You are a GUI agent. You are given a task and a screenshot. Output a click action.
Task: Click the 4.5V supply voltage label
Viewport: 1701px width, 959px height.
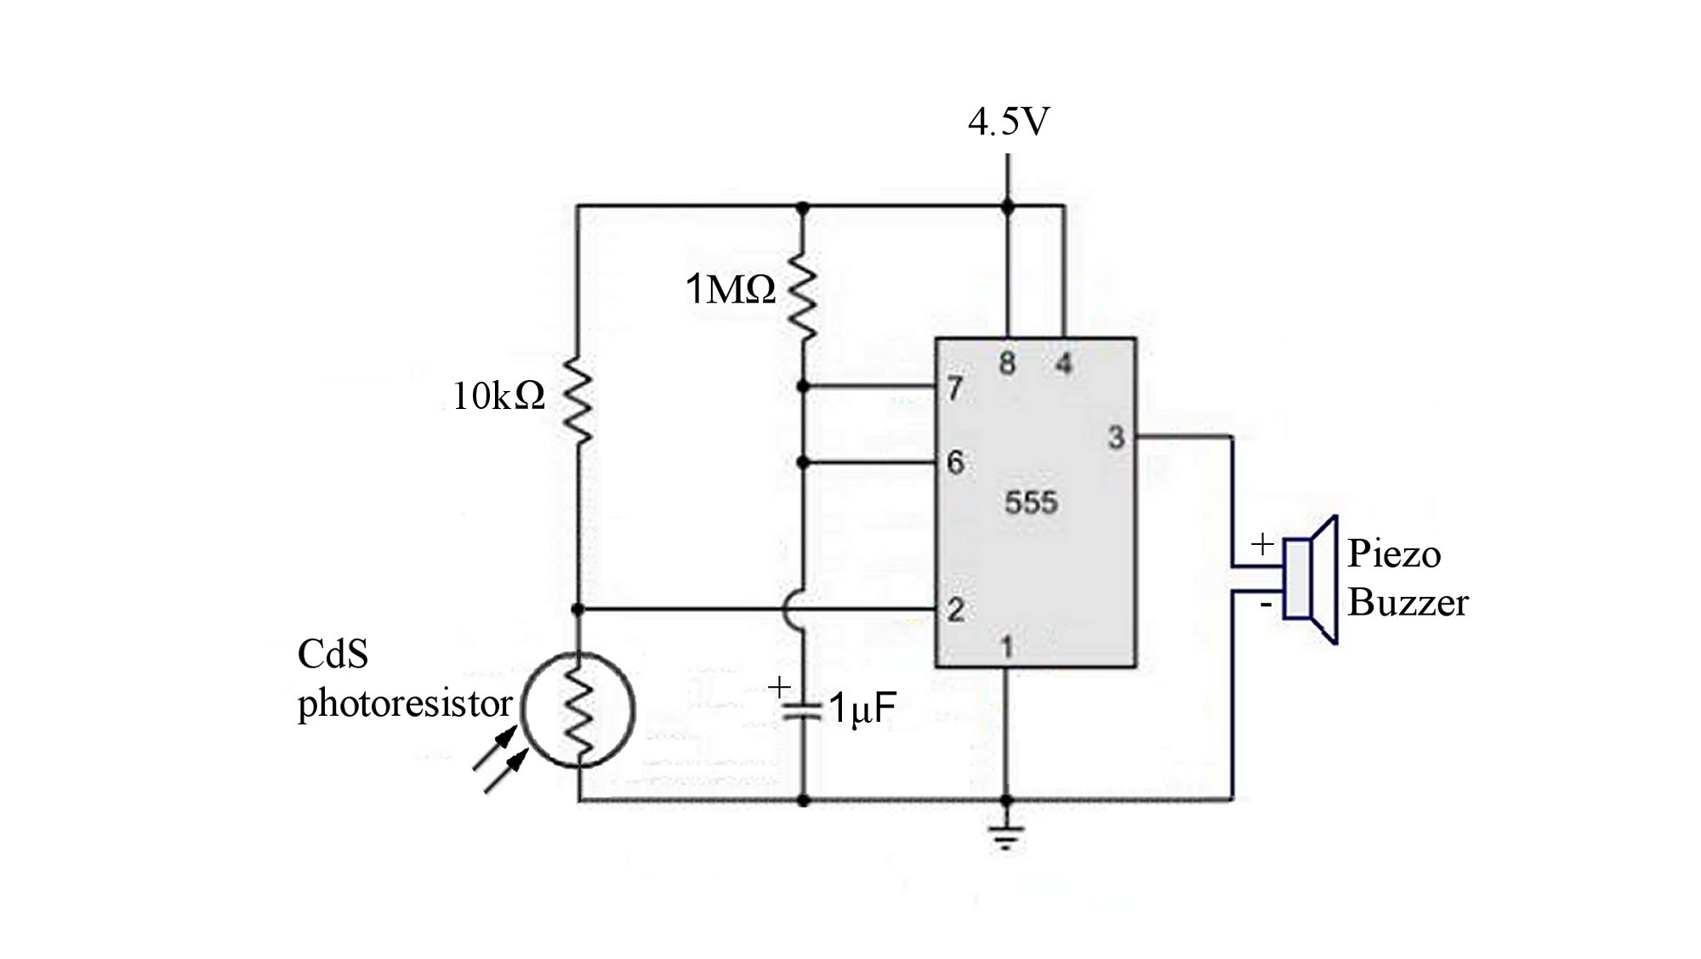tap(1009, 122)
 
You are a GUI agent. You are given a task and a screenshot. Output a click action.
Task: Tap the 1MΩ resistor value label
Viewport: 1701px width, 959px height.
tap(731, 291)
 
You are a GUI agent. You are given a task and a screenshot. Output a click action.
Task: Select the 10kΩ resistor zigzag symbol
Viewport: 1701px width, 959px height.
tap(577, 400)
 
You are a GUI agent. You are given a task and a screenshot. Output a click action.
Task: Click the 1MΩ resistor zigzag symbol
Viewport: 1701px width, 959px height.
tap(802, 294)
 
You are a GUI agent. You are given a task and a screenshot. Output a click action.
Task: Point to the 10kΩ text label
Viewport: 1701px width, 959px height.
tap(498, 396)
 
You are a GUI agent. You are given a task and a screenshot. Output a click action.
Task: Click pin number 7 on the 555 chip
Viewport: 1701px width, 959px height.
tap(954, 389)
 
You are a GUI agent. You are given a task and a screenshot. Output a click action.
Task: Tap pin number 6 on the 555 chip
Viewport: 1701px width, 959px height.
tap(955, 462)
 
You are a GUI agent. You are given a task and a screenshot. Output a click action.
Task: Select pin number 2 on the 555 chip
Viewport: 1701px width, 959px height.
tap(955, 610)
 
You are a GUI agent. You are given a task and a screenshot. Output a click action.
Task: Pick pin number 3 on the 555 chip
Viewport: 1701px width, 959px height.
tap(1116, 438)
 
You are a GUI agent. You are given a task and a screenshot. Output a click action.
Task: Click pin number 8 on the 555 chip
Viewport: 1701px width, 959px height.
tap(1007, 364)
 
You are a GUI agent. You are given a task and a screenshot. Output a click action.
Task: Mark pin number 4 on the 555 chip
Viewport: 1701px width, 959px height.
tap(1063, 364)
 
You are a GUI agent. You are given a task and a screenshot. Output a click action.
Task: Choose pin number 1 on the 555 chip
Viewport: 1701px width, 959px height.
tap(1007, 648)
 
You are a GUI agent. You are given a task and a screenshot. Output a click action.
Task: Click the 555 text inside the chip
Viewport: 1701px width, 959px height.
tap(1031, 502)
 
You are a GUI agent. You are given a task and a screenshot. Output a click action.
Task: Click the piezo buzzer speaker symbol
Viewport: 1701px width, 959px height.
tap(1311, 579)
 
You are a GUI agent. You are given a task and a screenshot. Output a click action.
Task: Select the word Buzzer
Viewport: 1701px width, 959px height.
tap(1408, 603)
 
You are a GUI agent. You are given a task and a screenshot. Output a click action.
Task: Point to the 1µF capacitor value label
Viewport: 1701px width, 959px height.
tap(861, 708)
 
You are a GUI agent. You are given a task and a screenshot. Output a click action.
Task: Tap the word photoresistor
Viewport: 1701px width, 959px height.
tap(404, 703)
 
